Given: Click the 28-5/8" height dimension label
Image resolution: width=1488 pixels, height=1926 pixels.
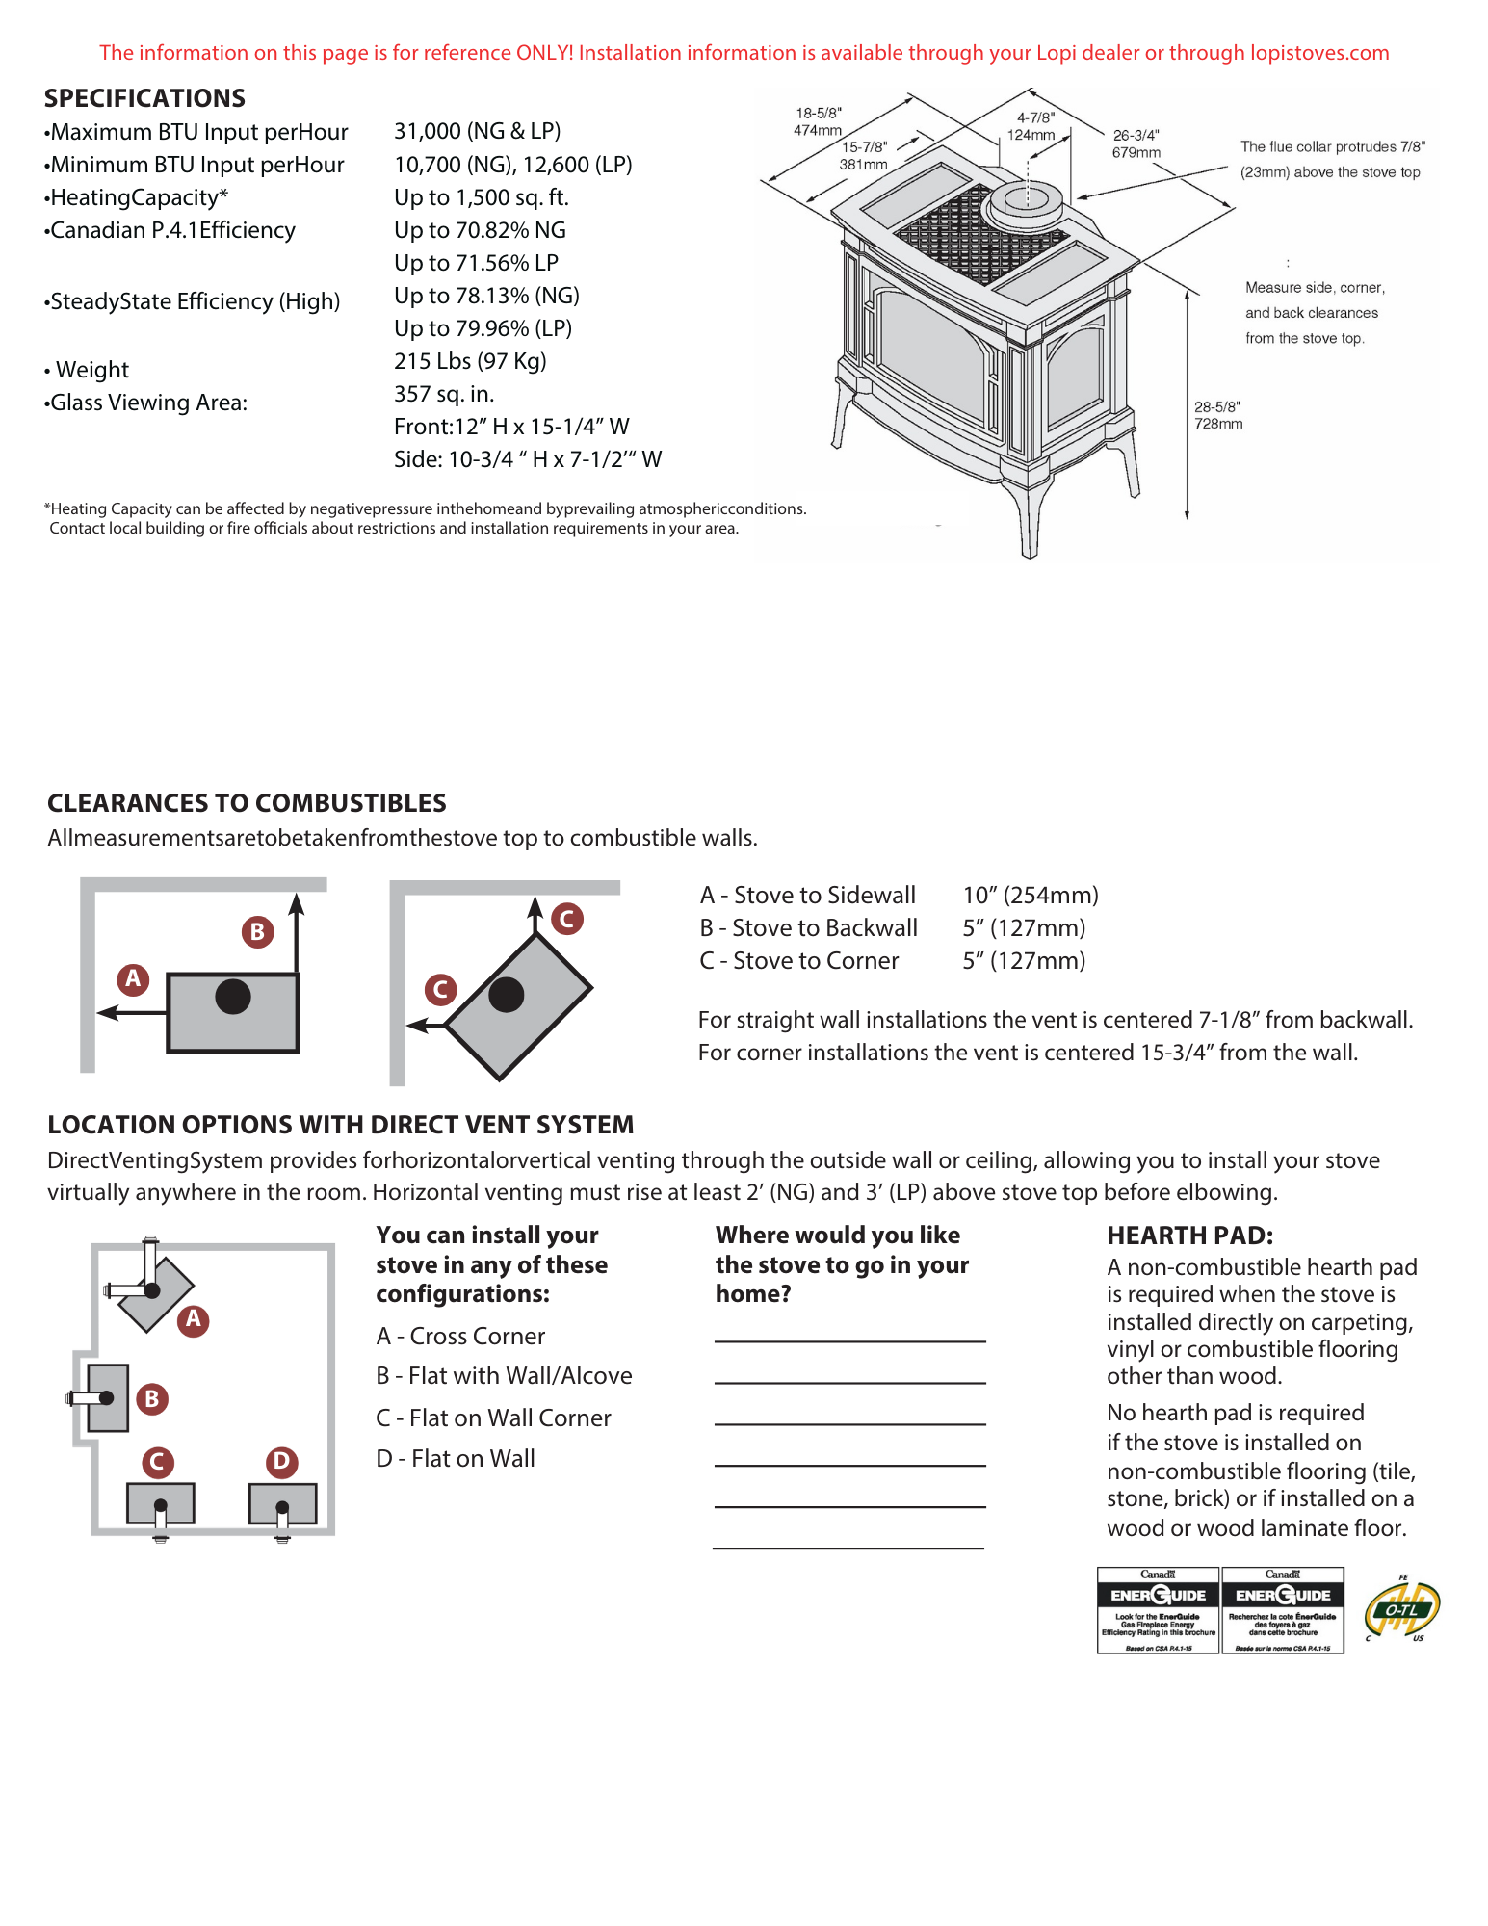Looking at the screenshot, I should (1217, 415).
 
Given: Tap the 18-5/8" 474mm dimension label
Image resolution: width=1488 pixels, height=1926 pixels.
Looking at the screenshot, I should (818, 121).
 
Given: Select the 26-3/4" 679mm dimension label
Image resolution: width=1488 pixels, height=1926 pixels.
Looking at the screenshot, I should (1136, 143).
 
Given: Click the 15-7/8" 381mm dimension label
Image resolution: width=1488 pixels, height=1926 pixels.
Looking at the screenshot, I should (863, 155).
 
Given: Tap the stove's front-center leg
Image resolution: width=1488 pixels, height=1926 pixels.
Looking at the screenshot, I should (1029, 521).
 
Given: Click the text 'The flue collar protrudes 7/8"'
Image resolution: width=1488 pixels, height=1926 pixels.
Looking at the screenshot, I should (1332, 147).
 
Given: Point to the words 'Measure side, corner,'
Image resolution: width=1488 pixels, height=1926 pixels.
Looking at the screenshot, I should (1315, 288).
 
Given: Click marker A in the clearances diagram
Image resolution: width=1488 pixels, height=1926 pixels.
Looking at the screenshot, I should (133, 978).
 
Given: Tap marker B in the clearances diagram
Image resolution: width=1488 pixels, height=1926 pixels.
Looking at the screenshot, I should (257, 932).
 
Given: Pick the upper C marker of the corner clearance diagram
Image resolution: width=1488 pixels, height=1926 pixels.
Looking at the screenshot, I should (566, 919).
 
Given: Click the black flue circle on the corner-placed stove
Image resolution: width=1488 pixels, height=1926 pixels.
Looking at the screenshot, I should (506, 995).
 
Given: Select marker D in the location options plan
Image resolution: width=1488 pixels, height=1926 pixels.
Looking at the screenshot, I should (281, 1461).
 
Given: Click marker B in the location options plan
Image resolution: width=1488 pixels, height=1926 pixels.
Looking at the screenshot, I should (151, 1398).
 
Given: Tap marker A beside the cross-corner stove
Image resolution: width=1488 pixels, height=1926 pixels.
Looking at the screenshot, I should (194, 1318).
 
